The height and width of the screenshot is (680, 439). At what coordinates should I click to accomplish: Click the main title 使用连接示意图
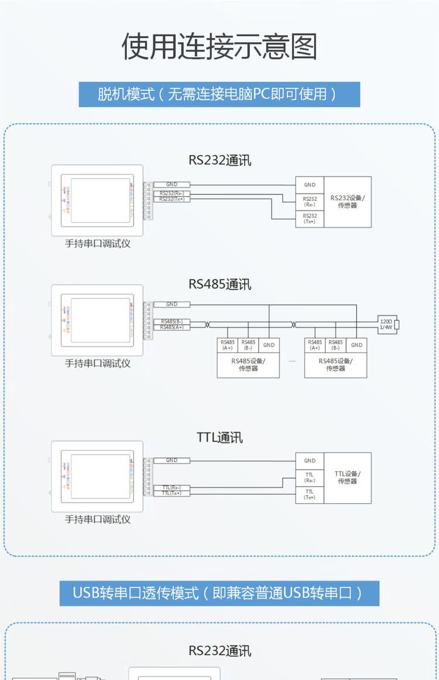pos(219,46)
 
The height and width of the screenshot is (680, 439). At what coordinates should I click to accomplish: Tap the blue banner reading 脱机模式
pos(219,94)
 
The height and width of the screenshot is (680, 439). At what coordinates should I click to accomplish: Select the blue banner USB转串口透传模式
pos(219,593)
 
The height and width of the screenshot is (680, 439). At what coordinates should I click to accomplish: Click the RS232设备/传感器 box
pos(347,201)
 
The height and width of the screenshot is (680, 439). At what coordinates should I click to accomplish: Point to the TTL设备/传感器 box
pos(347,477)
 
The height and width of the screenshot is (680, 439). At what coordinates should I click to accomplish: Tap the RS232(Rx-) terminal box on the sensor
pos(309,201)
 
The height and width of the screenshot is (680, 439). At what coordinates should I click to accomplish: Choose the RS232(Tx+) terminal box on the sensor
pos(309,218)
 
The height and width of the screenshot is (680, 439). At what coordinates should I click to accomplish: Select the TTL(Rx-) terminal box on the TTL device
pos(309,477)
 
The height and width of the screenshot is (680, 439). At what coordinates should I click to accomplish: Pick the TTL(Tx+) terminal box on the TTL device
pos(309,494)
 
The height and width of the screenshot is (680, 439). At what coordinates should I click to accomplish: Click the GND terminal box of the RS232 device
pos(309,184)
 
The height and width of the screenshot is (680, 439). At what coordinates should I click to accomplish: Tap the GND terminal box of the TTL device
pos(309,460)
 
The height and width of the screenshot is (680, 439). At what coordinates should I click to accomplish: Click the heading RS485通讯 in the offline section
pos(220,284)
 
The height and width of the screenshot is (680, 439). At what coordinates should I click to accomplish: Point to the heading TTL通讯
pos(220,438)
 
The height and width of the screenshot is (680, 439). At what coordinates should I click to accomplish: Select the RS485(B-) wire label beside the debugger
pos(172,322)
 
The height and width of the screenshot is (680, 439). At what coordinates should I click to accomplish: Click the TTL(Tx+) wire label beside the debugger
pos(172,493)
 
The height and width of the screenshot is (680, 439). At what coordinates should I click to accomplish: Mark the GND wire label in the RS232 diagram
pos(172,184)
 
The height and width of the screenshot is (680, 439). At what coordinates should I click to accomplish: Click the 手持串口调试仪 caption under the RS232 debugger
pos(97,244)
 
